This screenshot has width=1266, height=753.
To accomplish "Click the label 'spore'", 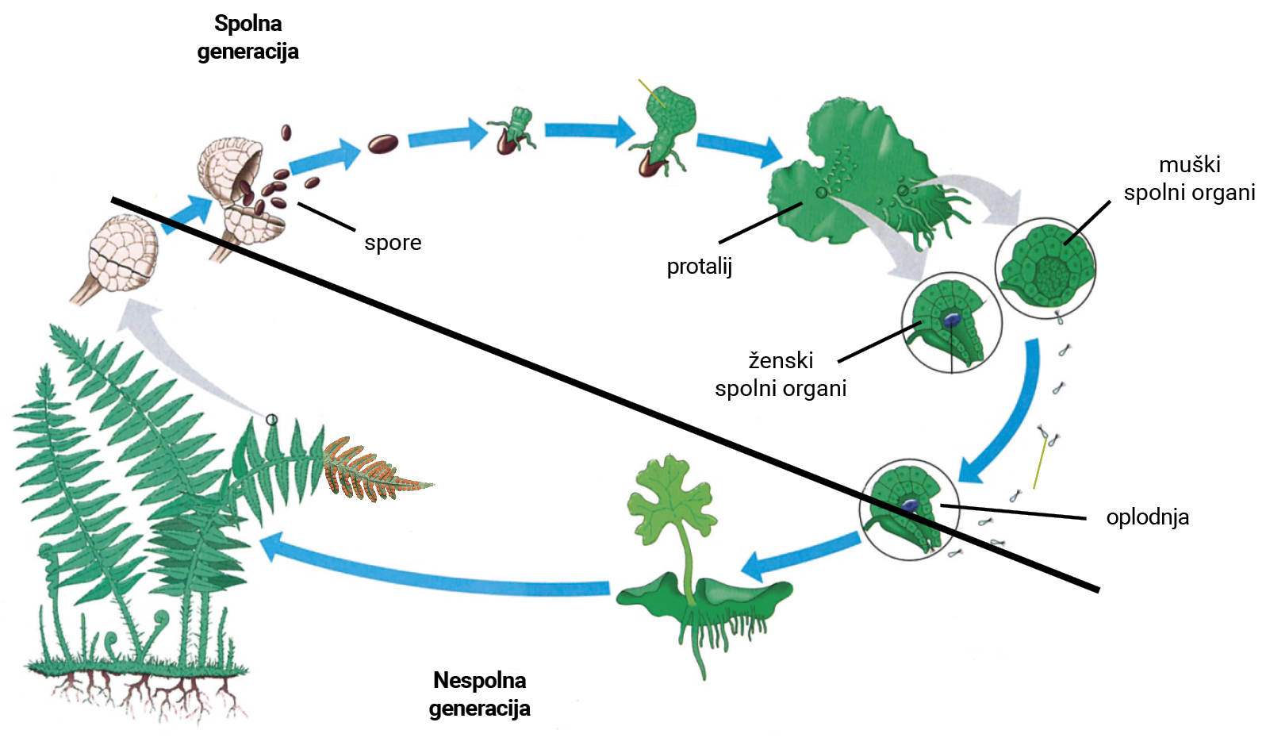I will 393,243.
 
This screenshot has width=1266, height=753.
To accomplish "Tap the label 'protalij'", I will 699,267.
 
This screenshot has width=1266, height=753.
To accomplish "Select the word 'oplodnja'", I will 1147,517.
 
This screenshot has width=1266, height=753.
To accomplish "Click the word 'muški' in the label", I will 1189,165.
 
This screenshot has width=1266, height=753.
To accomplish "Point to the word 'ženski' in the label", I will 781,361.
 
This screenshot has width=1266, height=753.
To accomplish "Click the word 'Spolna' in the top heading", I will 248,24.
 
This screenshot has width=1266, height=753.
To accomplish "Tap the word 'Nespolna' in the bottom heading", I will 479,681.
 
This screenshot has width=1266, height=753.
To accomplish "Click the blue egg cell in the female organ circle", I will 952,320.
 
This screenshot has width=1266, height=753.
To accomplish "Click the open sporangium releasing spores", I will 238,190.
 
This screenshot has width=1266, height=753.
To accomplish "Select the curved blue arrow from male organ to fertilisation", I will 1011,421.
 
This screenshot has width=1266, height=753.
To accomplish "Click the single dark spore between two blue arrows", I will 383,144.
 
